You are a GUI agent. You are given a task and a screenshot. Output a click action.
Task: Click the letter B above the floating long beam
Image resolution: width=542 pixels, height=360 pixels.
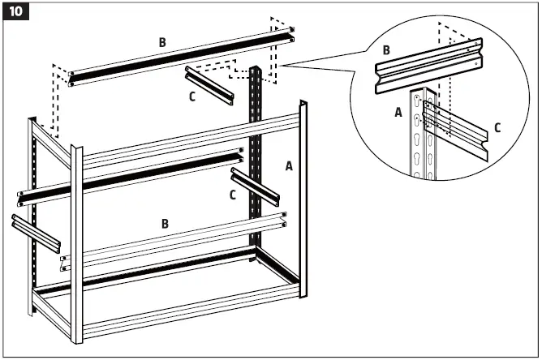162,40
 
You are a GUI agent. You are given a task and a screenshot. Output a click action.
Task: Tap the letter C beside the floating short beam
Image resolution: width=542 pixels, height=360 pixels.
191,96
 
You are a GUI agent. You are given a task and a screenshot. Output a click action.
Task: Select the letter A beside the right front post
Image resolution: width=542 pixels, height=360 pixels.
288,165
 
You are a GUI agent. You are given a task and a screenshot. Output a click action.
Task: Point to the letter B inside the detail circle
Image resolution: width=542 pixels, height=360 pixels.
386,50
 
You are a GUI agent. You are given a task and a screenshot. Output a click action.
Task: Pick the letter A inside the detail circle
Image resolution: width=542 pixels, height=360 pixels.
398,114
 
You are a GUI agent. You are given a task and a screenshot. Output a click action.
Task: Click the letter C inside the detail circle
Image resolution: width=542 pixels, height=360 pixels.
497,126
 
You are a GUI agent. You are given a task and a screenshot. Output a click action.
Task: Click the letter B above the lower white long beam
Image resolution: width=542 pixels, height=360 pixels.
165,222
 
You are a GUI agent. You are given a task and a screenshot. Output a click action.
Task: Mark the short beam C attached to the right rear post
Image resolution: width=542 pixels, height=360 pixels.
255,185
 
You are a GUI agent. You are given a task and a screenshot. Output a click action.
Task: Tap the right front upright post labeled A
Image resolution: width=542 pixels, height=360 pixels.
303,203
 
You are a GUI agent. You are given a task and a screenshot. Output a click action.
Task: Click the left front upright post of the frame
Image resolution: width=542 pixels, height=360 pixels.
76,243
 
